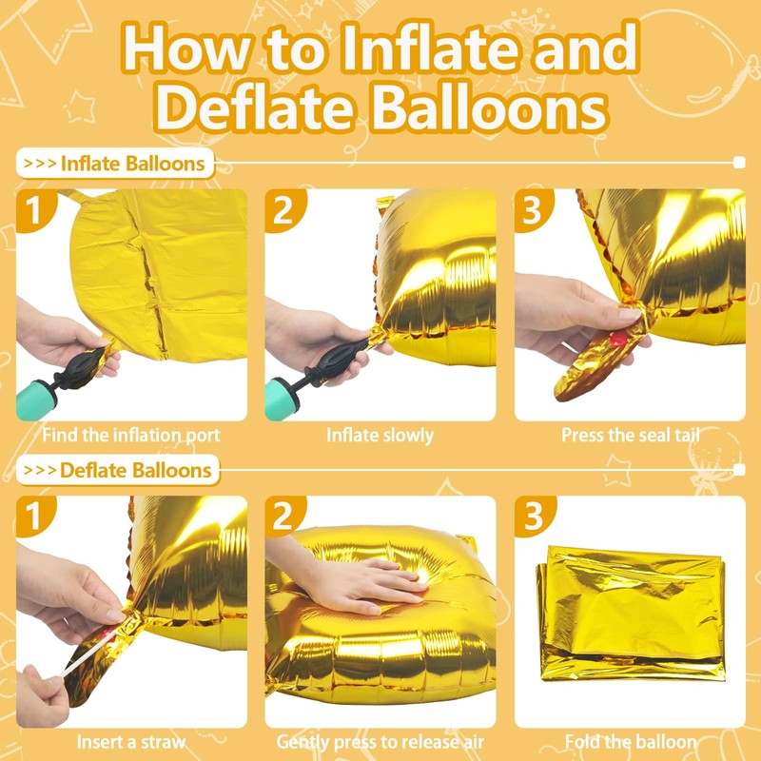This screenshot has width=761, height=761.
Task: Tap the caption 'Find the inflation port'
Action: (131, 436)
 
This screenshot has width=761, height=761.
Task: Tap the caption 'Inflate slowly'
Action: (380, 436)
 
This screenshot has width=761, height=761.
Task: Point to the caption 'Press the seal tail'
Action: (630, 436)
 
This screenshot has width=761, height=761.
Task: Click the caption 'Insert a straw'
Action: (131, 742)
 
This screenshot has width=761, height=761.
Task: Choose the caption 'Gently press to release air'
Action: (380, 742)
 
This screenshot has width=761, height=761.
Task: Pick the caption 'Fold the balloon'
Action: (630, 742)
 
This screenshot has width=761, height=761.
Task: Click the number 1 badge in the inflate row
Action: (34, 211)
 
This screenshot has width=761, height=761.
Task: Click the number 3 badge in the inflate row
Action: (534, 211)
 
